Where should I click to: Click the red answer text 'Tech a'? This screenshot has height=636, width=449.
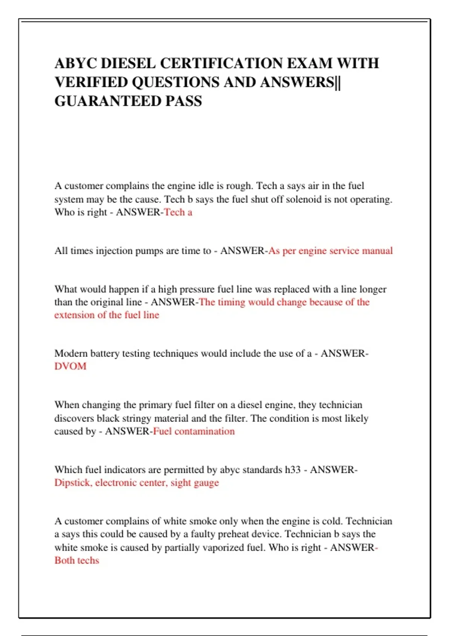tap(178, 212)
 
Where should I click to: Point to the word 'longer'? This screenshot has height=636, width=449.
tap(372, 289)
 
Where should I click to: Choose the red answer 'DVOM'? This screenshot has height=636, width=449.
tap(70, 366)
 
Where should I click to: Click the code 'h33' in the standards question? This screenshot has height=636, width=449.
tap(293, 470)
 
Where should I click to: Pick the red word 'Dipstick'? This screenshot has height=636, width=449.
tap(73, 483)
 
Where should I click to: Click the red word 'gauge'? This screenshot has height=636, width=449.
tap(206, 483)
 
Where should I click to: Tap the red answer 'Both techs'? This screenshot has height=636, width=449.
tap(77, 560)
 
